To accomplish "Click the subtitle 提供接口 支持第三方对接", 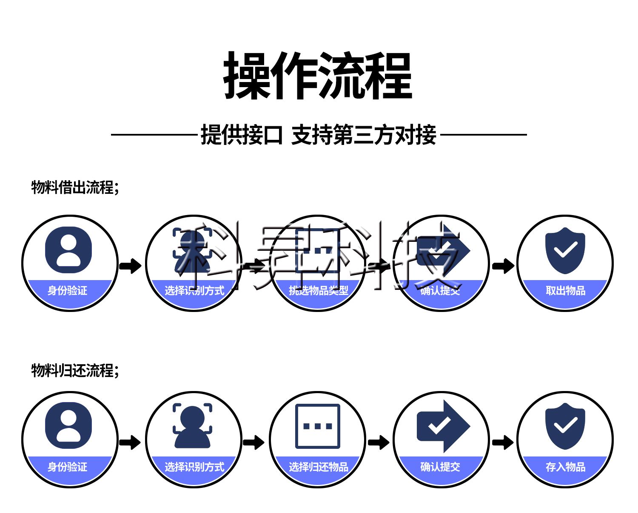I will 318,135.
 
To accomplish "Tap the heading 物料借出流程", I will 75,187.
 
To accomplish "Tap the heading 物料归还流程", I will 75,370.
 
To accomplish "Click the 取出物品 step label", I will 565,291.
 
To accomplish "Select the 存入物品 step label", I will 565,467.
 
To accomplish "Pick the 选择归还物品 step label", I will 318,467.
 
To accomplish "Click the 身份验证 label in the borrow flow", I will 67,291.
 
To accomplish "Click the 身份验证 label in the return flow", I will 67,467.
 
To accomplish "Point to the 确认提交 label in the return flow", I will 440,467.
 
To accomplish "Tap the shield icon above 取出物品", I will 565,250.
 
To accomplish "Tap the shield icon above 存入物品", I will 565,426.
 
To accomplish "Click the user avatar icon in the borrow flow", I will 68,250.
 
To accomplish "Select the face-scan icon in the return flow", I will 192,425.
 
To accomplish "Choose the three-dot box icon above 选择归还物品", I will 318,426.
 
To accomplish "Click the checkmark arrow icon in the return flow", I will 443,426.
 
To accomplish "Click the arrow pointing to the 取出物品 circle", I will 503,266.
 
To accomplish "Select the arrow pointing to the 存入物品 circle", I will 503,442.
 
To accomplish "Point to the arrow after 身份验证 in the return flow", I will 130,442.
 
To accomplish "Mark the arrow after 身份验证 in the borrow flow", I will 130,266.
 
